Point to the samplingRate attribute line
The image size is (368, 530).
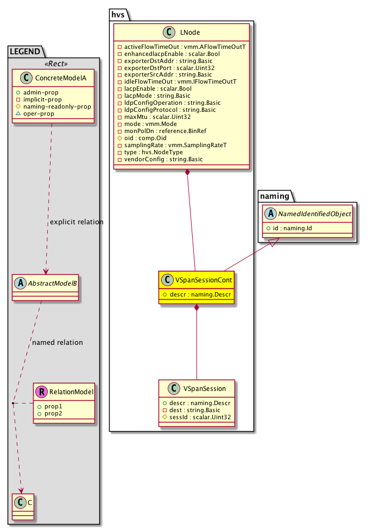coord(161,145)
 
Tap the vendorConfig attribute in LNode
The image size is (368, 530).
coord(162,159)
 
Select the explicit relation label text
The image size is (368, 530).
coord(76,222)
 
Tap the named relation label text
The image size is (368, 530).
coord(58,343)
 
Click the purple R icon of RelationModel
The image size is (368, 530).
coord(40,391)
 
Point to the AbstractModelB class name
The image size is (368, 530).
coord(49,283)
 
